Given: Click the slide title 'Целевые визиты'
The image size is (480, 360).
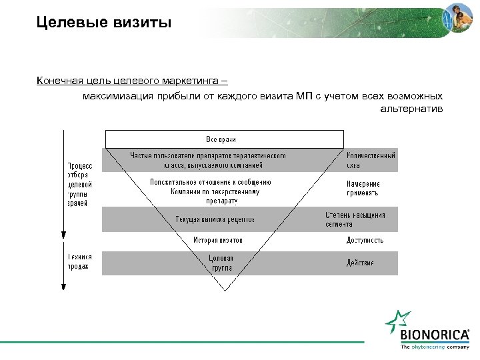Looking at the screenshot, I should coord(104,23).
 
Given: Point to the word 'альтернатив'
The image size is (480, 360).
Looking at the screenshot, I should coord(411,108).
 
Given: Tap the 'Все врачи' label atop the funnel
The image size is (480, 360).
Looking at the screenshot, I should coord(224,139).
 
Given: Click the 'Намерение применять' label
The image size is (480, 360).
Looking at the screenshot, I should coord(363,188).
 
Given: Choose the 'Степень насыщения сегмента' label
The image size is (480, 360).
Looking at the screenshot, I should coord(355,219).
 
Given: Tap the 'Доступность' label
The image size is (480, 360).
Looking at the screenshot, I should coord(365,240).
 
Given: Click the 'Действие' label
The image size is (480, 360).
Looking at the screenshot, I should coord(359,263).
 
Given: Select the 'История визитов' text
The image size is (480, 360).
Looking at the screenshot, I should coord(218,240).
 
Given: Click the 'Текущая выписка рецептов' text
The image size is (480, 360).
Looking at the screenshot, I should coord(215,219).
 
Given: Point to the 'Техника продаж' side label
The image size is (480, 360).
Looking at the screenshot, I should coord(79,261).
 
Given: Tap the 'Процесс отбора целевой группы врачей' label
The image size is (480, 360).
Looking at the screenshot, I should coord(79,184).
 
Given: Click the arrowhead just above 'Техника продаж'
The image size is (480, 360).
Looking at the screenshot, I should coord(62,235).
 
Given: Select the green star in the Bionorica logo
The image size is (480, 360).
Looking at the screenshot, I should coord(395,322).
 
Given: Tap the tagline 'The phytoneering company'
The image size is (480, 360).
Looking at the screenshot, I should coord(435,347).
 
